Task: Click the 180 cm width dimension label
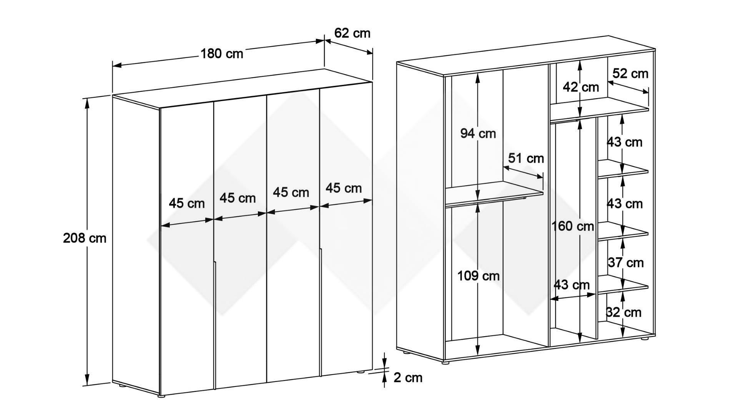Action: [222, 53]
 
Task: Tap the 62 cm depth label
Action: [352, 33]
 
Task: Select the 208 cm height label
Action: [85, 238]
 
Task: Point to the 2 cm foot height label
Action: [408, 378]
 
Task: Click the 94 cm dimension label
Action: [478, 133]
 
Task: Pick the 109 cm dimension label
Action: [478, 276]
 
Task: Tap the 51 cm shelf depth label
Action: [526, 158]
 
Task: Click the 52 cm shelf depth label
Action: [630, 73]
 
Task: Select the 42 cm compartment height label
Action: [581, 87]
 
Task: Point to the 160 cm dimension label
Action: [573, 226]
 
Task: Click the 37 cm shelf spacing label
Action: [625, 263]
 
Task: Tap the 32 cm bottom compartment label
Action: [624, 312]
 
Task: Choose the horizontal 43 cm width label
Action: [572, 285]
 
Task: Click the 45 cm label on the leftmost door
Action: [187, 203]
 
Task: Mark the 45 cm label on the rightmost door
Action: [344, 188]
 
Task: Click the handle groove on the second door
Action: [215, 325]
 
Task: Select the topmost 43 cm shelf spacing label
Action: [625, 142]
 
